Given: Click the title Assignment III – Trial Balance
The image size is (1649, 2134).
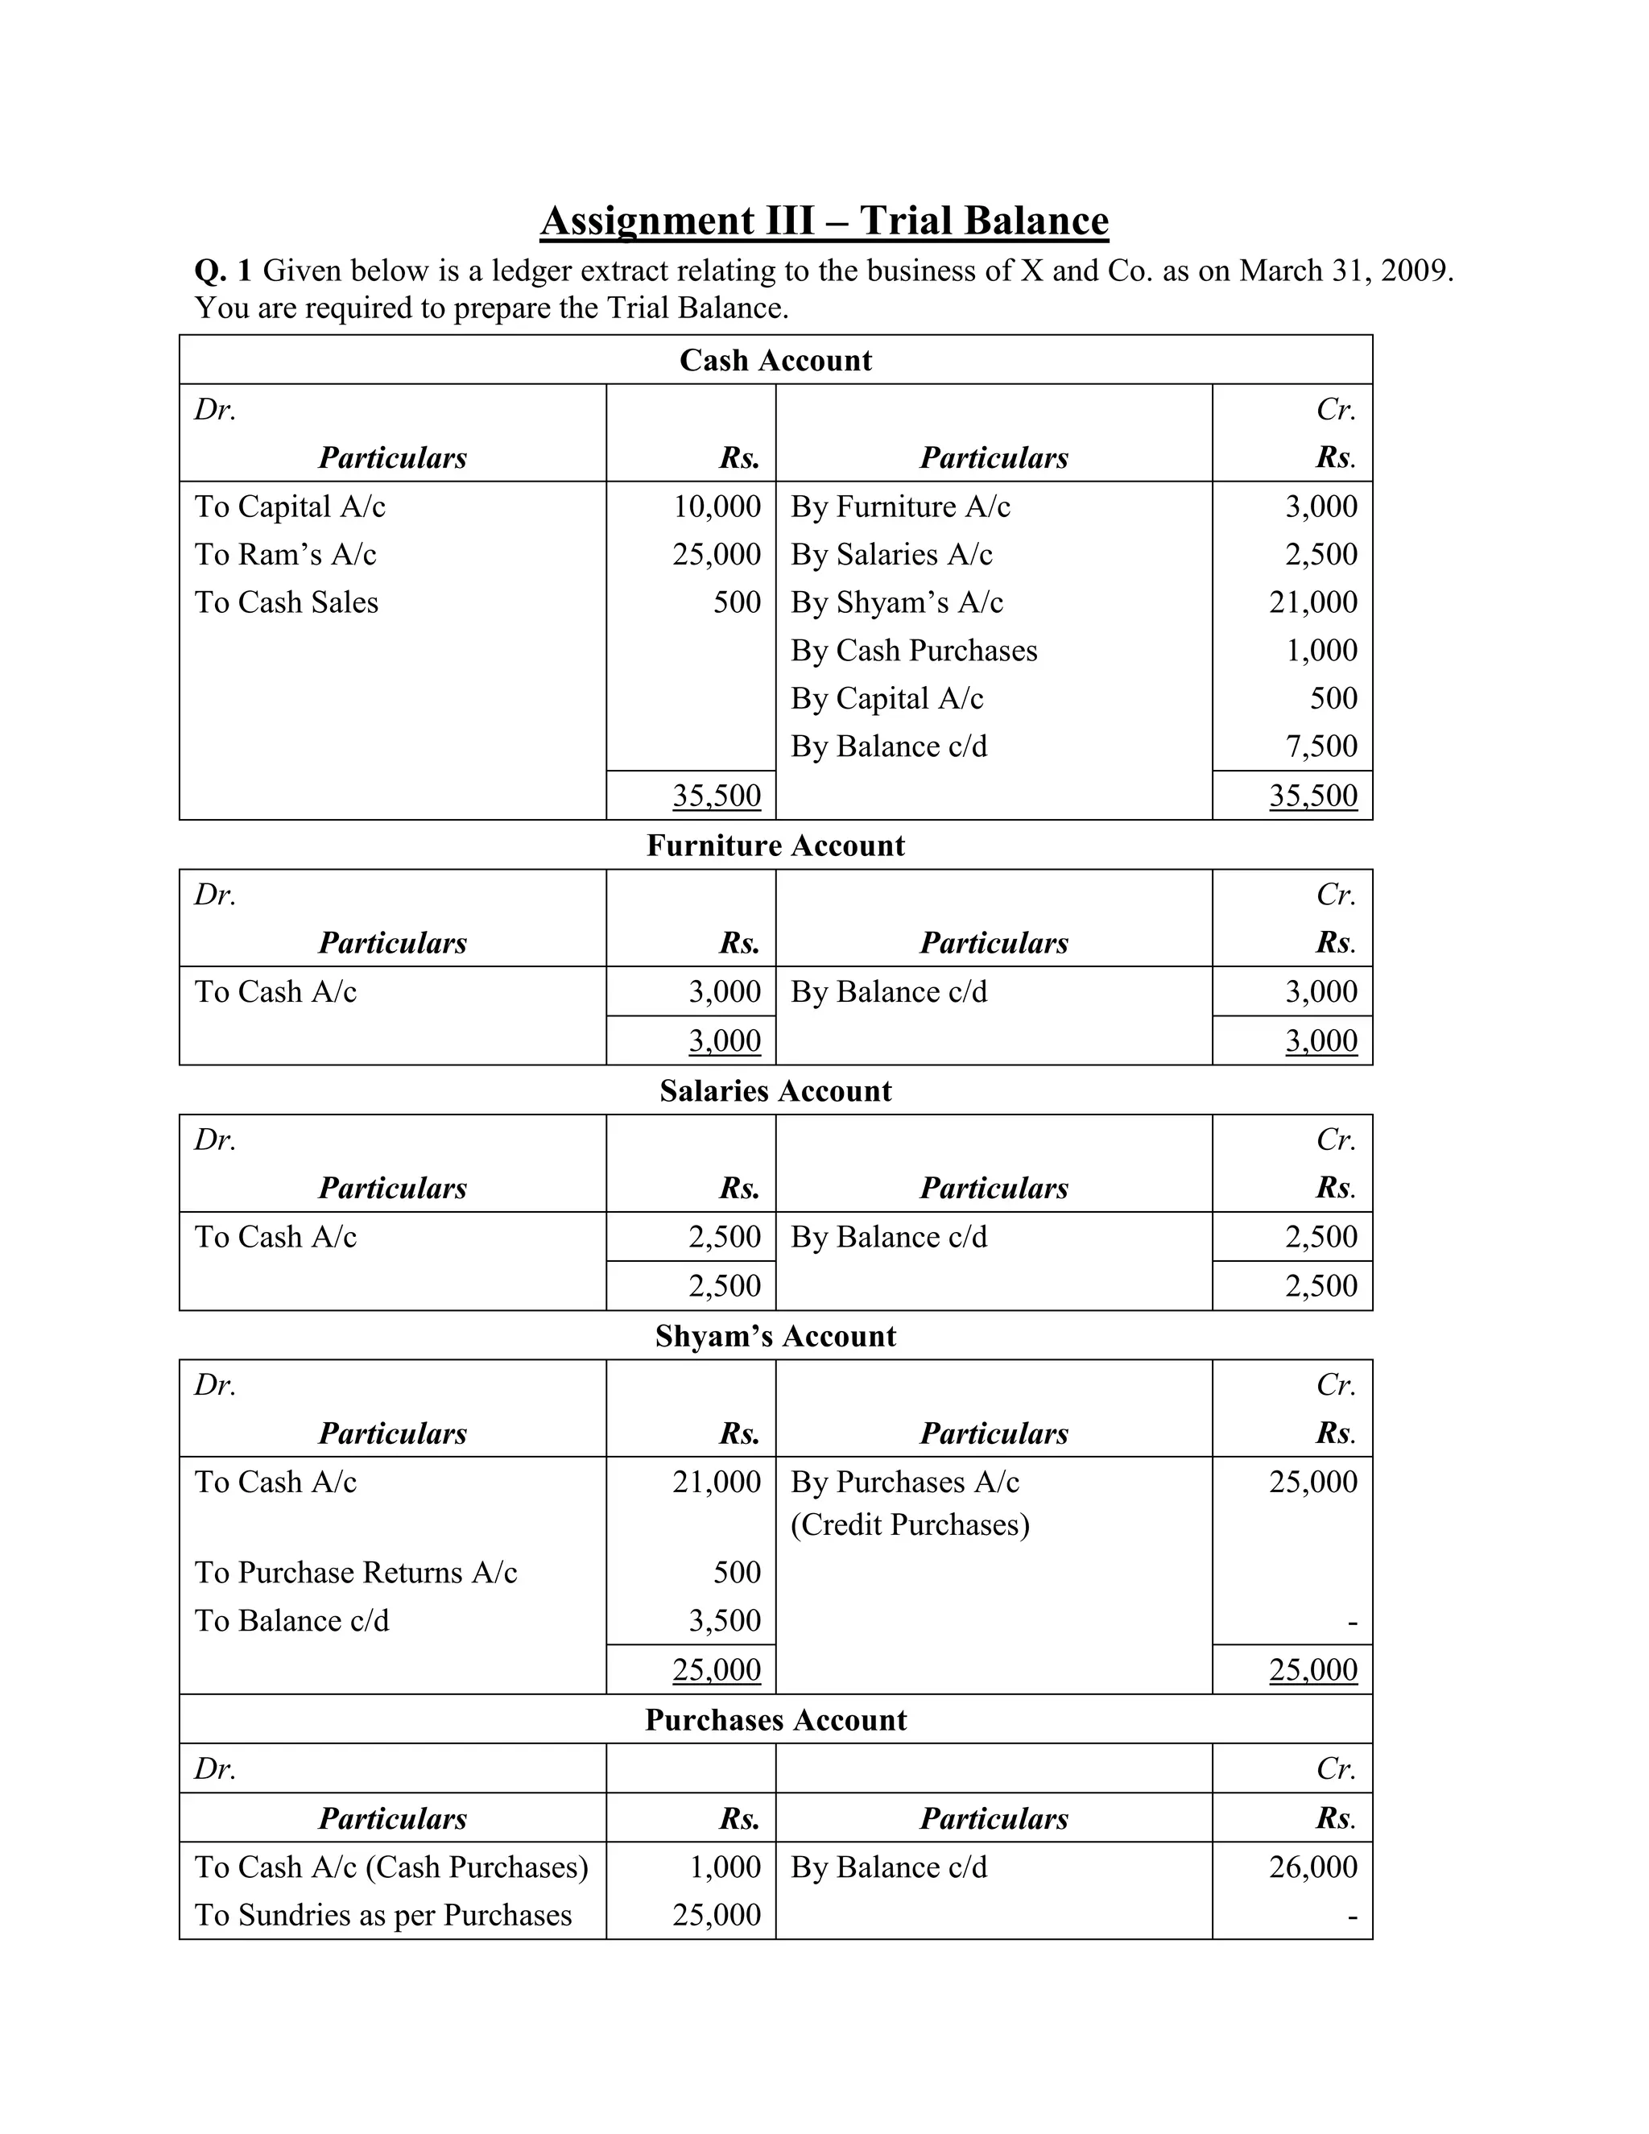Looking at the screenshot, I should coord(824,221).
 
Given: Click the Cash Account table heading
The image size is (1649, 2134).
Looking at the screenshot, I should coord(775,361).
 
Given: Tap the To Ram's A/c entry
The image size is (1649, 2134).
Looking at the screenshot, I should coord(285,554).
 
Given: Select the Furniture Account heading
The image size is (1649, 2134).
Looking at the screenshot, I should coord(775,846).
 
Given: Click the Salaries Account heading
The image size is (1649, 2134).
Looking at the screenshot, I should coord(775,1090).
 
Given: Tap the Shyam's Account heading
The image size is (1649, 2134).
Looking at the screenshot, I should coord(775,1336).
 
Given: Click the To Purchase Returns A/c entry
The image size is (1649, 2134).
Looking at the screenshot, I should coord(356,1572).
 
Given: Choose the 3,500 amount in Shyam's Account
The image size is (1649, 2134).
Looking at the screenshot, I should coord(724,1620).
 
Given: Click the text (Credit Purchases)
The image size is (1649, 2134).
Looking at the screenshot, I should coord(910,1524).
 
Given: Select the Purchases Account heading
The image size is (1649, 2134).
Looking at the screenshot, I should coord(775,1720).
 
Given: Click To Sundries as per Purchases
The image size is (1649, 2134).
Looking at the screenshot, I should coord(383,1914).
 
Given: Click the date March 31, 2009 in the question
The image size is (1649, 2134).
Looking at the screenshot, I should coord(1345,271).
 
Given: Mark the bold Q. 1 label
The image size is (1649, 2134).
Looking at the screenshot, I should coord(223,271).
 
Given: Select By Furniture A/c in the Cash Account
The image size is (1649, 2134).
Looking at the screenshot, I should coord(899,507).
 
